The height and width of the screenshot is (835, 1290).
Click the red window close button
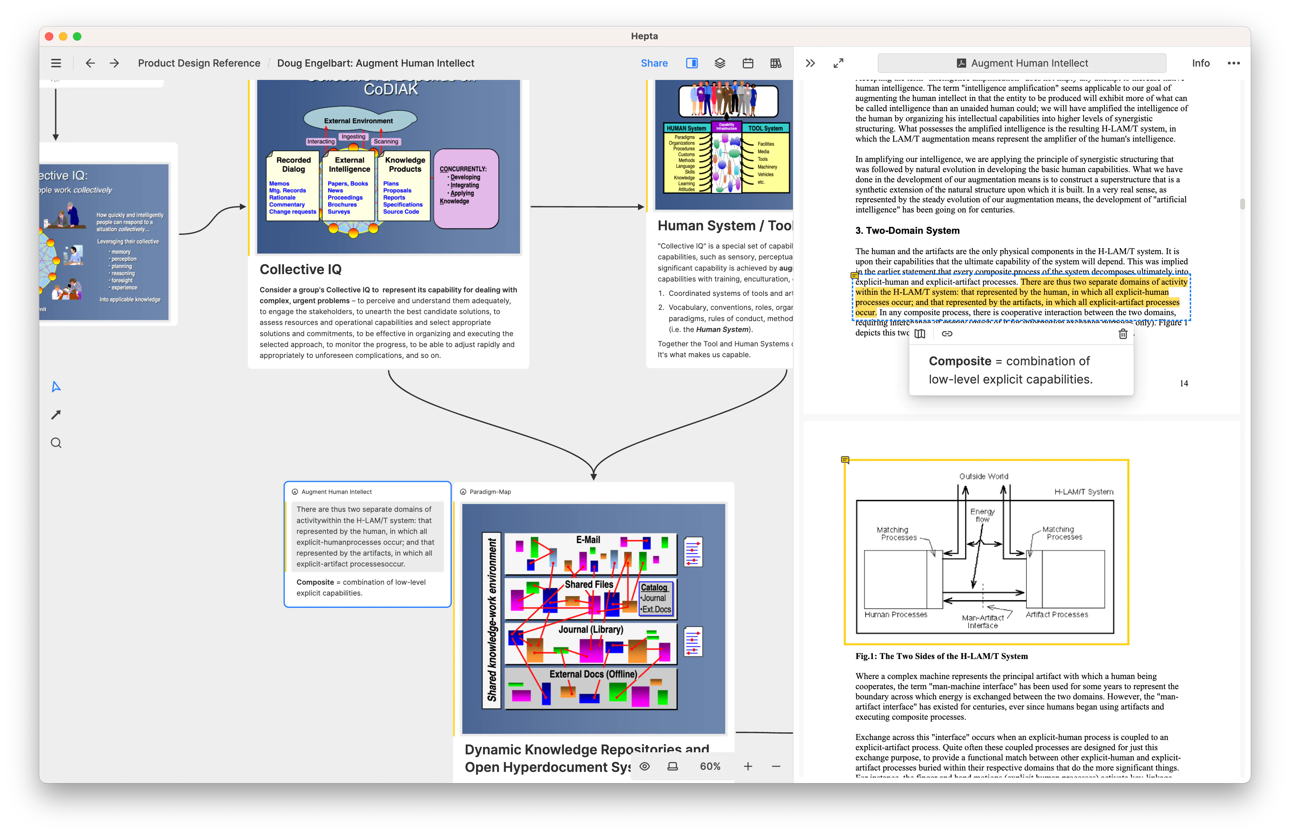coord(49,36)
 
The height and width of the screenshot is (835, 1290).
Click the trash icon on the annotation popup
coord(1122,334)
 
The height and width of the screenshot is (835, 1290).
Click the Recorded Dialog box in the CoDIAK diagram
coord(293,184)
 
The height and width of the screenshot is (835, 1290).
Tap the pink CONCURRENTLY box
coord(465,188)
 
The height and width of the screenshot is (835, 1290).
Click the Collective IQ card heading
coord(300,269)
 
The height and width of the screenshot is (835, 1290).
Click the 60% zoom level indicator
coord(709,766)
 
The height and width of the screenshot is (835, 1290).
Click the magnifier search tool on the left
coord(56,443)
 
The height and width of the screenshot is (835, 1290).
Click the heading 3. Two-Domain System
coord(907,230)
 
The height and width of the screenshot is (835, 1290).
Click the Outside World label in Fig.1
coord(983,476)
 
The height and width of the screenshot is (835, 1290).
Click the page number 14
coord(1183,383)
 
